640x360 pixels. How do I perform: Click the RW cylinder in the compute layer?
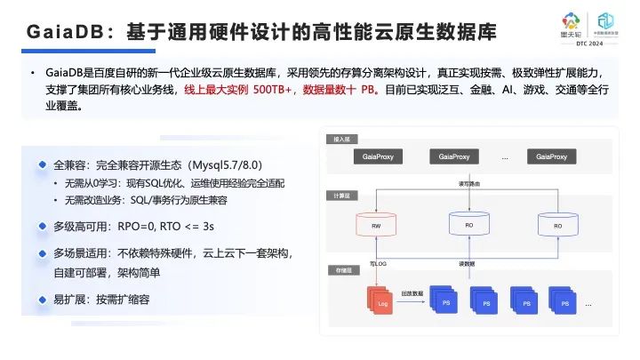click(x=376, y=226)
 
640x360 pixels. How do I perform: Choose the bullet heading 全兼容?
click(x=72, y=165)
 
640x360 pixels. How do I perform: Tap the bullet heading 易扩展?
click(x=72, y=300)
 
